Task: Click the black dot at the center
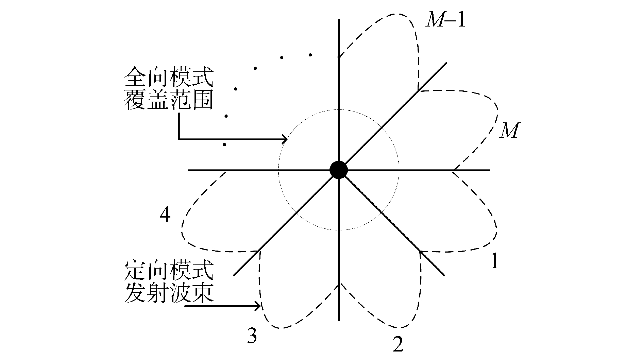pyautogui.click(x=338, y=170)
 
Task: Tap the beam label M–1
pyautogui.click(x=445, y=21)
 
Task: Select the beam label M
pyautogui.click(x=509, y=131)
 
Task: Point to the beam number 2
pyautogui.click(x=397, y=344)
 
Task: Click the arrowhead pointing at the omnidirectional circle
pyautogui.click(x=285, y=139)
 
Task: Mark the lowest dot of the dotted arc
pyautogui.click(x=224, y=145)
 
